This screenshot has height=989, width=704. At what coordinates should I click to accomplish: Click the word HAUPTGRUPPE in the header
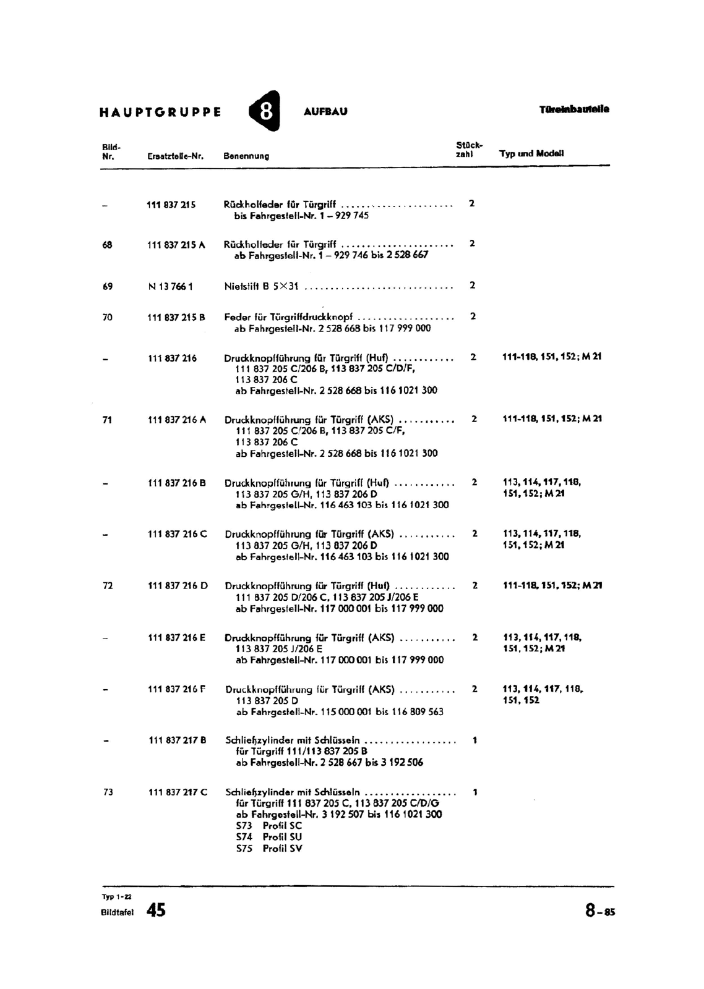coord(160,112)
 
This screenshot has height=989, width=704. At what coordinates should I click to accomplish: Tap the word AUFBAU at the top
coord(325,112)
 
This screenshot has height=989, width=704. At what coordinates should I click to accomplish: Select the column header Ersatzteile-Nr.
coord(176,156)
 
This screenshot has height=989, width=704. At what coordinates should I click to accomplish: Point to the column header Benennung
coord(246,156)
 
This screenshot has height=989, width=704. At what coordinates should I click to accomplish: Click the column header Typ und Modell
coord(531,153)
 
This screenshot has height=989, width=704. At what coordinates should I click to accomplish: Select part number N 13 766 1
coord(171,286)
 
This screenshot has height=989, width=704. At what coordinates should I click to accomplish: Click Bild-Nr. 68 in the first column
coord(108,245)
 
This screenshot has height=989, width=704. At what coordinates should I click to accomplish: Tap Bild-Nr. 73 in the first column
coord(108,792)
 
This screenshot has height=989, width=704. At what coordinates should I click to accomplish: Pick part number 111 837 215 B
coord(176,317)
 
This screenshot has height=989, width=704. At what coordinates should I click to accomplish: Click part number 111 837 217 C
coord(178,792)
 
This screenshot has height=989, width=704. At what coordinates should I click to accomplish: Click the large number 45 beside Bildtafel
coord(156,910)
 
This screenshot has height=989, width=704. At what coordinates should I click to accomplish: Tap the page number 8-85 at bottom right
coord(600,910)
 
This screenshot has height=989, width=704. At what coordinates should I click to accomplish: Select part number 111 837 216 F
coord(177,689)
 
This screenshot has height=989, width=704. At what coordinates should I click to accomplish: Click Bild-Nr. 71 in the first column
coord(108,420)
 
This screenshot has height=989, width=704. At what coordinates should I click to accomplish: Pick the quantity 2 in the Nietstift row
coord(473,286)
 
